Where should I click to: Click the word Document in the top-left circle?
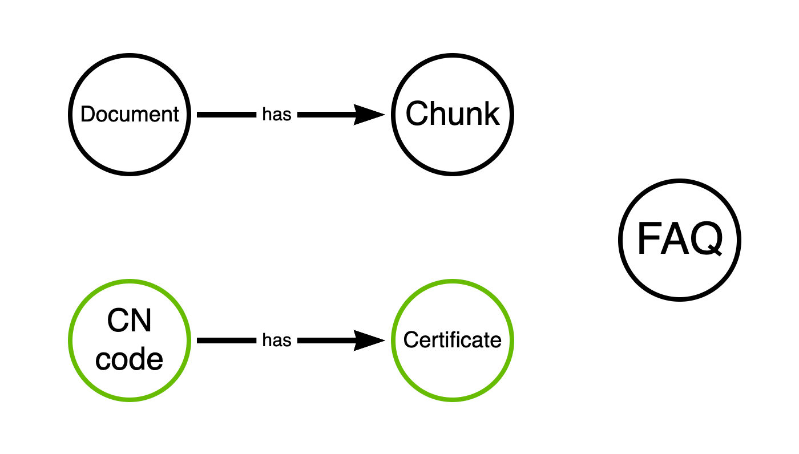(x=130, y=114)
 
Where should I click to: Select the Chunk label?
(x=453, y=114)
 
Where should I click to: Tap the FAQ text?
(x=679, y=239)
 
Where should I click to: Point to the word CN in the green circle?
(x=130, y=322)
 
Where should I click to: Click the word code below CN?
(x=130, y=359)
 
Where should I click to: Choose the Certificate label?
(x=453, y=340)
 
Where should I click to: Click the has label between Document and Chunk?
(x=277, y=115)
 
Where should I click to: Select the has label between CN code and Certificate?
(x=277, y=340)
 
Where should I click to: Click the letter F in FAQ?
(x=647, y=239)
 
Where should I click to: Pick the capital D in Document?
(x=87, y=114)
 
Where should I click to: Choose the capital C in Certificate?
(x=409, y=340)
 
